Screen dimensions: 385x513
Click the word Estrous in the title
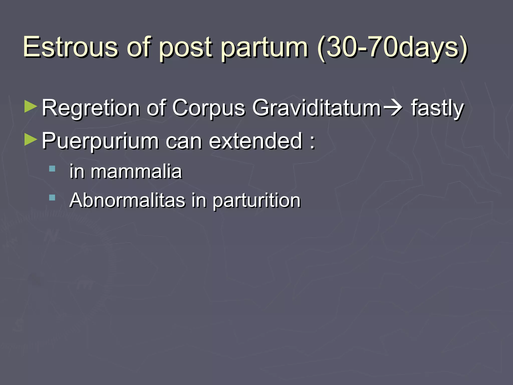[70, 47]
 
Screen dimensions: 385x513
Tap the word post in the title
[185, 48]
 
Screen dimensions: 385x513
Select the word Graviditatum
[317, 108]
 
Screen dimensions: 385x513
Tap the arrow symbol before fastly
[393, 108]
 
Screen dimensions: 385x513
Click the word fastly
[437, 108]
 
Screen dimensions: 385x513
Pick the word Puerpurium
[100, 141]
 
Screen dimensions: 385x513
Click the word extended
[255, 141]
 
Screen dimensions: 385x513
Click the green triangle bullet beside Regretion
[31, 107]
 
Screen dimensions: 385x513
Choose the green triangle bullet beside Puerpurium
[31, 140]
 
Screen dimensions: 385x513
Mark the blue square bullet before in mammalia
[52, 168]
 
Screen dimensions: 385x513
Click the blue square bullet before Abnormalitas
[52, 198]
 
